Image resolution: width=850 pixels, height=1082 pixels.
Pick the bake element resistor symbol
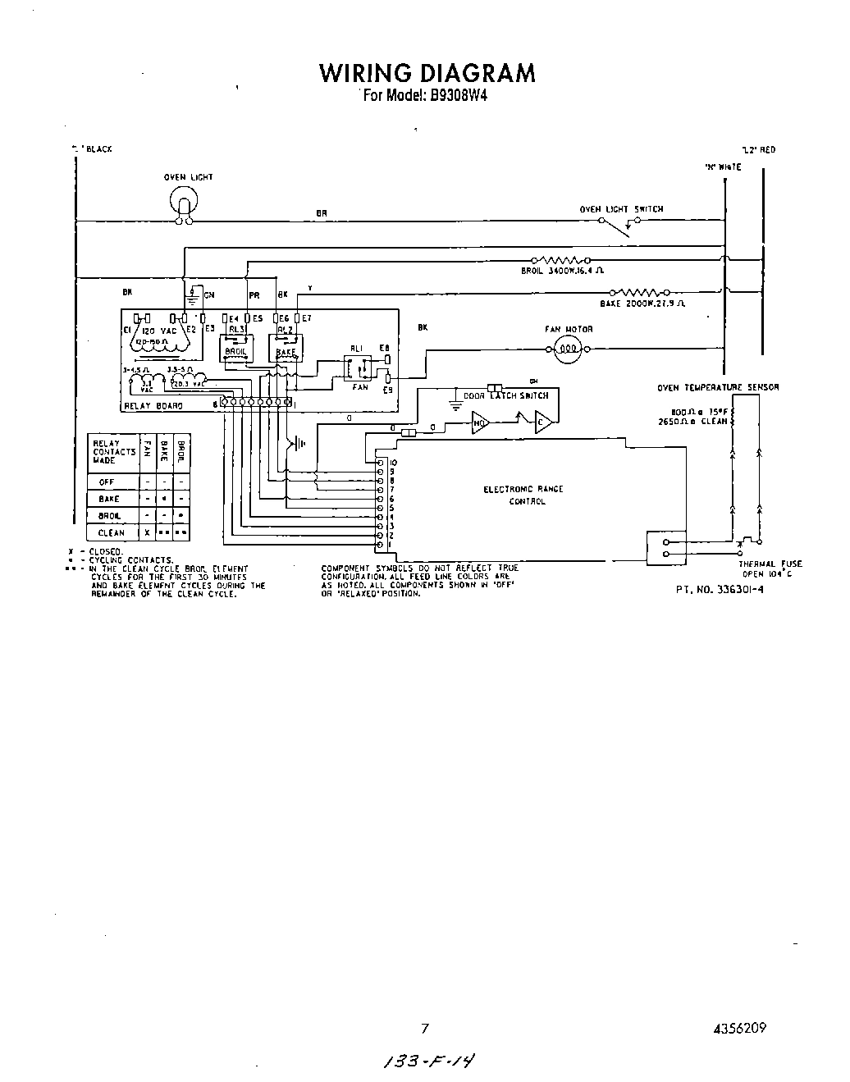click(642, 291)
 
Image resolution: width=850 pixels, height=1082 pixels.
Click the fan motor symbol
click(567, 350)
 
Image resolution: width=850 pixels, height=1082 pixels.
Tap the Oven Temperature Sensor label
click(718, 387)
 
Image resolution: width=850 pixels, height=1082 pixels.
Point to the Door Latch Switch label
click(505, 395)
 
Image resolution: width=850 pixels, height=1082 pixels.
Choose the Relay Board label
click(153, 405)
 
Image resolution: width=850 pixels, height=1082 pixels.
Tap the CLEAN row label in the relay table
click(111, 533)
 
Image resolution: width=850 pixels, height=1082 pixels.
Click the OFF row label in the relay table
click(107, 482)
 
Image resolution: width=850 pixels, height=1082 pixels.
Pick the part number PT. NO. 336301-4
click(720, 591)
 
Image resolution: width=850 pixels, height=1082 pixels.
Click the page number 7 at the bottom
click(425, 1028)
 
